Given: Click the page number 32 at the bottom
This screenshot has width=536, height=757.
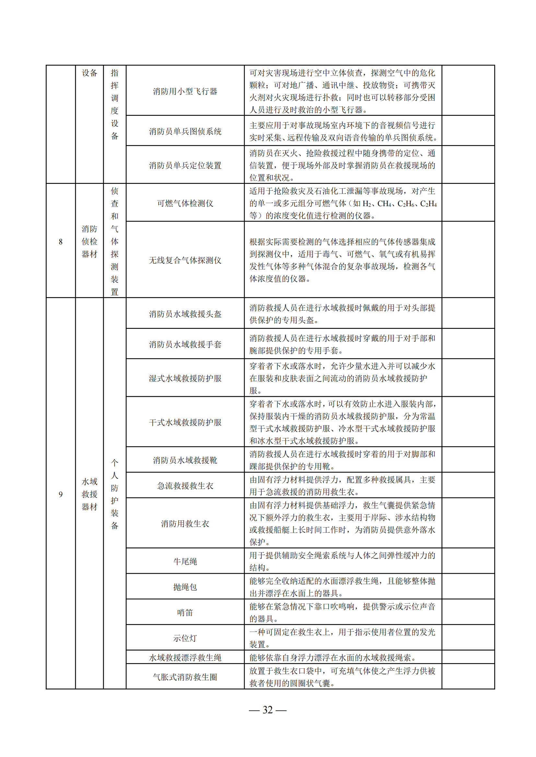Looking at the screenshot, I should pyautogui.click(x=267, y=710).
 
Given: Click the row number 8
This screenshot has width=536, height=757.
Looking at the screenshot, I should pyautogui.click(x=60, y=242).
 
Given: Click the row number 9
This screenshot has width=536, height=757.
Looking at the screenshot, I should pyautogui.click(x=60, y=494).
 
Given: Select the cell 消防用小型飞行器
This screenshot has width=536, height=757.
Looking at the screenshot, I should pyautogui.click(x=185, y=91).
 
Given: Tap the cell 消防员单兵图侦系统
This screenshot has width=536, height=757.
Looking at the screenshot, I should pyautogui.click(x=185, y=131).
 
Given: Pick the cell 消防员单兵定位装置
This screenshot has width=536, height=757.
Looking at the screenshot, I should pyautogui.click(x=185, y=165).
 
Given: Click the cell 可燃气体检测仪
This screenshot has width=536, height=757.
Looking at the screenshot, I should pyautogui.click(x=185, y=204).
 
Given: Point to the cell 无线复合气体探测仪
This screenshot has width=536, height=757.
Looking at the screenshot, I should pyautogui.click(x=185, y=261).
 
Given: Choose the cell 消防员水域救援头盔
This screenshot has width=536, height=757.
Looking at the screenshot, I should pyautogui.click(x=185, y=314).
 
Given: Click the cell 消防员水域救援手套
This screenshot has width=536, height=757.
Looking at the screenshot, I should pyautogui.click(x=185, y=345).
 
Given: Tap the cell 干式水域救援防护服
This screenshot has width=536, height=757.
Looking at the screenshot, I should pyautogui.click(x=185, y=422).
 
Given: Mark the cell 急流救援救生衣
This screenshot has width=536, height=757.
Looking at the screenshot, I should pyautogui.click(x=185, y=486).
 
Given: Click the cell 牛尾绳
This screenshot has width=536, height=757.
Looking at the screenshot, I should pyautogui.click(x=185, y=562).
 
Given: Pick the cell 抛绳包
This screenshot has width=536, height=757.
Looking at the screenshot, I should pyautogui.click(x=185, y=587).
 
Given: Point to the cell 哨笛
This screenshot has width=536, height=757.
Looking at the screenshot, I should pyautogui.click(x=185, y=613).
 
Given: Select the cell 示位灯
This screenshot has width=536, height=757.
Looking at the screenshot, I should pyautogui.click(x=185, y=638).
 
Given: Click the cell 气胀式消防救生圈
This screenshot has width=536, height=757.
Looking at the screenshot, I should pyautogui.click(x=185, y=677).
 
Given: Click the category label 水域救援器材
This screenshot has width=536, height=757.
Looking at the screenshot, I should pyautogui.click(x=89, y=494).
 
